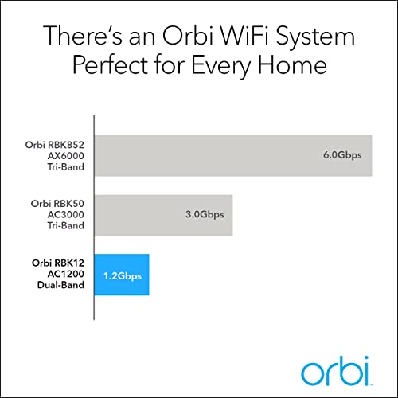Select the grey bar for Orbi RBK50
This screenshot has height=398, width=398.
[163, 215]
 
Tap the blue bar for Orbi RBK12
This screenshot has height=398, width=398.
[122, 275]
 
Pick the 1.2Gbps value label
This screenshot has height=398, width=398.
[122, 275]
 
